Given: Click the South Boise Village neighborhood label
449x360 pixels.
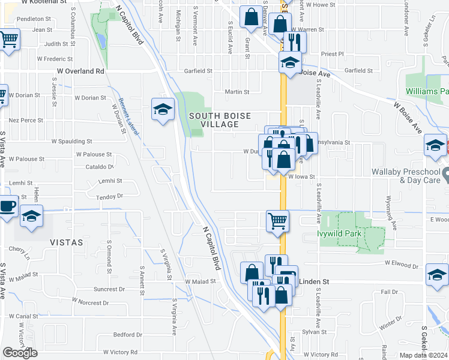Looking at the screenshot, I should pos(214,119).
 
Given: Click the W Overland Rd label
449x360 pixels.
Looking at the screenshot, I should pos(80,71).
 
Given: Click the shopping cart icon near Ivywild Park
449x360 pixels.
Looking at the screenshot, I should pos(277,221).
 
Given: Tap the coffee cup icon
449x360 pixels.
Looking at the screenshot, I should pos(7,206).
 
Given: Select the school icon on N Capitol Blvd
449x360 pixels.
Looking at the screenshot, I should pos(163,109).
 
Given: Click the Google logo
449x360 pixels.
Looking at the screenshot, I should pos(20,353).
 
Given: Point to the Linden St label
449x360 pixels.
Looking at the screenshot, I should pos(315,281).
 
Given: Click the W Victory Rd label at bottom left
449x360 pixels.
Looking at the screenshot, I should pos(120,352).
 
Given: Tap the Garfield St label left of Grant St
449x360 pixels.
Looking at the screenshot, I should pos(199,71).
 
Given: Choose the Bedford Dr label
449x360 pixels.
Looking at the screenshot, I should pos(127,335).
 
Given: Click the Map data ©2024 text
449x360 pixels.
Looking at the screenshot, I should pos(423,355).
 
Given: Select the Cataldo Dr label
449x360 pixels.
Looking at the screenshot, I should pos(99,167).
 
